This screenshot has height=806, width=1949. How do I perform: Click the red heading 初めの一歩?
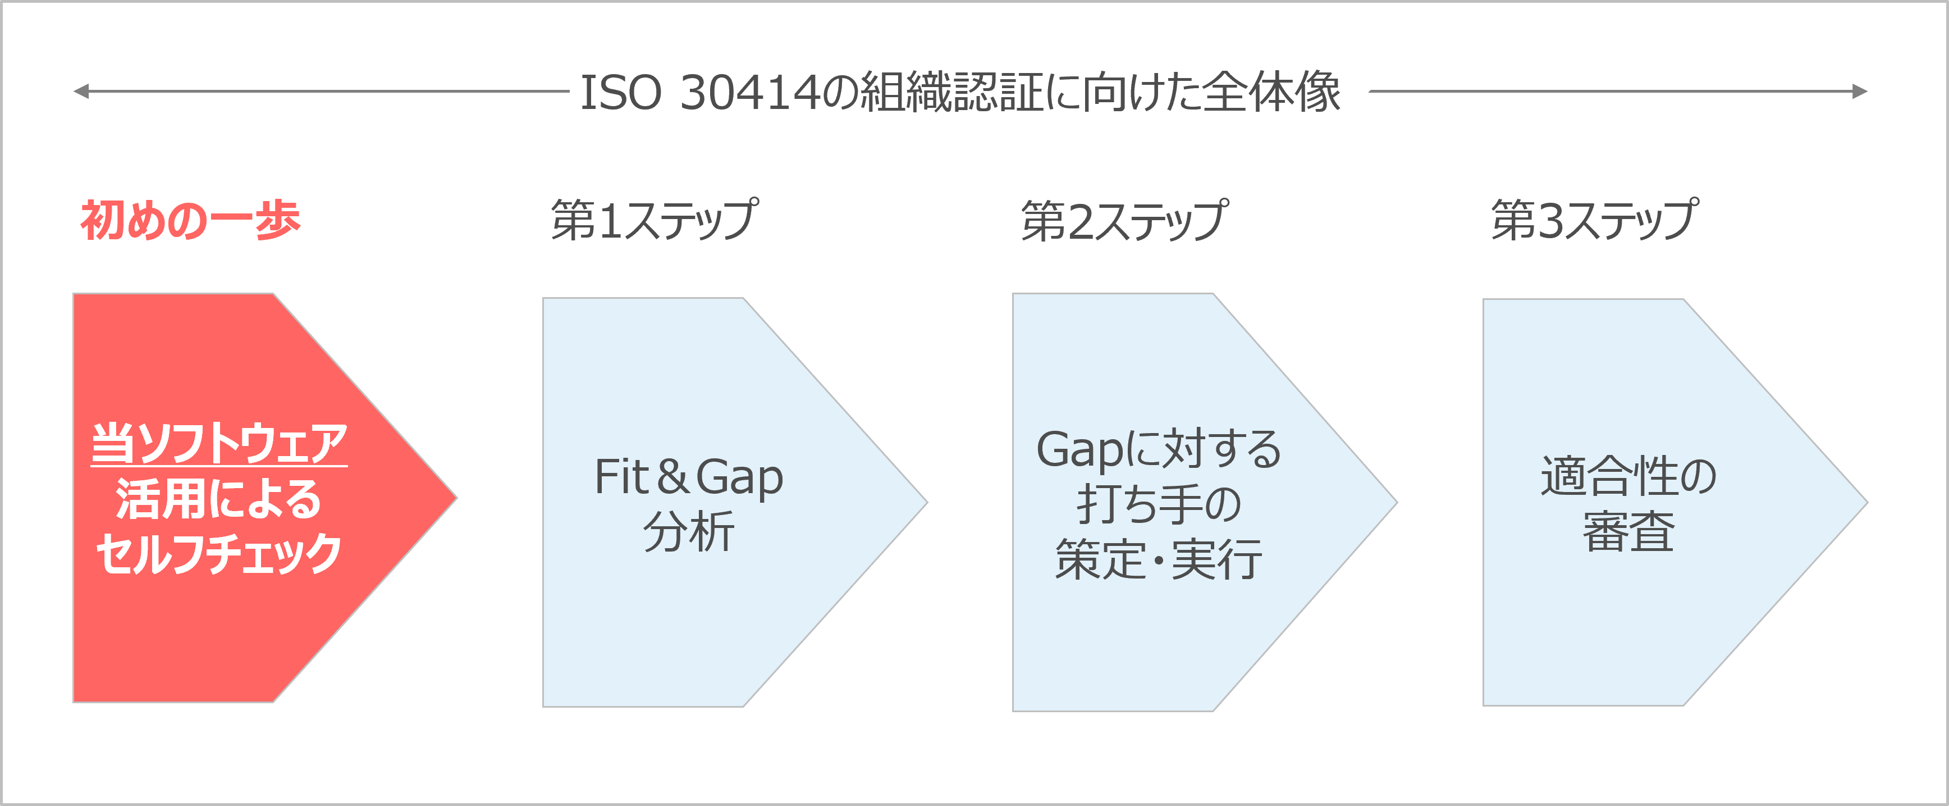[x=191, y=220]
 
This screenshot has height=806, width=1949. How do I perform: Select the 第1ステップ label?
[x=655, y=220]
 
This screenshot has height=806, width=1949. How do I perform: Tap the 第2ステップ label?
[x=1124, y=220]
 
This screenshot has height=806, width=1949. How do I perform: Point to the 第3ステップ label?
[x=1594, y=220]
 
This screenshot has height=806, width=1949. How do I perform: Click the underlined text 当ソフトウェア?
[x=219, y=444]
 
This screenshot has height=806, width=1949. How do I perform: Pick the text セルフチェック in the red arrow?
[x=219, y=554]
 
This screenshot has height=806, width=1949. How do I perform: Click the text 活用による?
[x=219, y=499]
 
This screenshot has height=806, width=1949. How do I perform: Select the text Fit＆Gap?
[x=689, y=477]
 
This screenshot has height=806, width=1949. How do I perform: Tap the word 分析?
[x=689, y=531]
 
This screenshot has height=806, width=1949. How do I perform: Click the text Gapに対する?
[x=1159, y=449]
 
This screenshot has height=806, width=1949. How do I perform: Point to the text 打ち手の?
[x=1159, y=504]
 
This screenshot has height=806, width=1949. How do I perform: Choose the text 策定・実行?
[x=1159, y=559]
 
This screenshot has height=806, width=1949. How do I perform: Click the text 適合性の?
[x=1628, y=477]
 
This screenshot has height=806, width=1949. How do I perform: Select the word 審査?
[x=1628, y=531]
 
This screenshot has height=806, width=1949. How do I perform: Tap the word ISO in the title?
[x=620, y=92]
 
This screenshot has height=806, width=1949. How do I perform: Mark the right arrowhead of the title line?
[x=1861, y=92]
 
